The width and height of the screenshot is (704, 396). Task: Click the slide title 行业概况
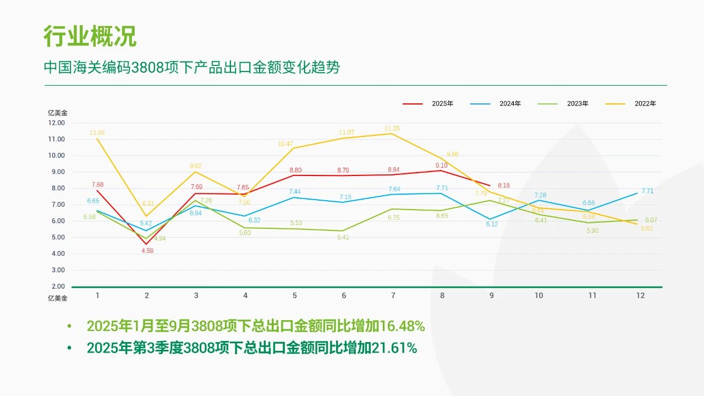90,36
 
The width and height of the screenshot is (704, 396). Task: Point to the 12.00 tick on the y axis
56,123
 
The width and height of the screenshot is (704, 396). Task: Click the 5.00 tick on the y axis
57,238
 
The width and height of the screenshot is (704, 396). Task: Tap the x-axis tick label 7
393,295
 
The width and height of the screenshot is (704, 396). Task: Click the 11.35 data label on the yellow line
392,129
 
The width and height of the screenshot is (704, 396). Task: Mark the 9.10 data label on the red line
442,166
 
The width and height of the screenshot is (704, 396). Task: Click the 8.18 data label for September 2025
503,186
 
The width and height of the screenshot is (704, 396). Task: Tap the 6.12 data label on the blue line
492,224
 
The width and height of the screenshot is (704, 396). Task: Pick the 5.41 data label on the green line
343,238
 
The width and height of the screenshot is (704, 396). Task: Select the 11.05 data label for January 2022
97,133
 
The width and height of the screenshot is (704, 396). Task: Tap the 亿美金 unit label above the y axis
58,113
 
